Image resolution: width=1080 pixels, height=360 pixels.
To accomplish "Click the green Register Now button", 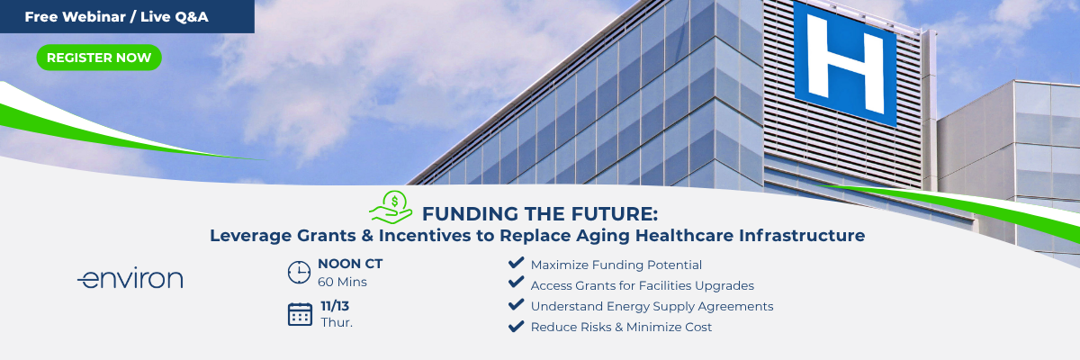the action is [x=99, y=58].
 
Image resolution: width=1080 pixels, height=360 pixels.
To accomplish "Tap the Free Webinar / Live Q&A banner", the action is [x=127, y=17].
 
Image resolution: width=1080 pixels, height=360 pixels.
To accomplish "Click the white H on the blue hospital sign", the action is [x=845, y=64].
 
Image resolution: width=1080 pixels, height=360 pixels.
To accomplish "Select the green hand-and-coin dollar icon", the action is [x=391, y=208].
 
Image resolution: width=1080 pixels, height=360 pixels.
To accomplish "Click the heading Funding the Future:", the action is [x=540, y=214].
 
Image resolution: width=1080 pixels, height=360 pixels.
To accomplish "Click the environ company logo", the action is [x=130, y=279].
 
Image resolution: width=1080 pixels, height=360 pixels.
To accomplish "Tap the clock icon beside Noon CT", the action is [x=299, y=273].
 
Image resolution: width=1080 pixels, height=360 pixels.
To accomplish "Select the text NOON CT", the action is [x=350, y=264].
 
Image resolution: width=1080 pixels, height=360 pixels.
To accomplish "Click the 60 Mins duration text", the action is [x=342, y=282].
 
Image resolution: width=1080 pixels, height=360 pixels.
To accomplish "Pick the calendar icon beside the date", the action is [x=300, y=314].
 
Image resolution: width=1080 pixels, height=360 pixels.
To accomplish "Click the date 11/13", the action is [x=335, y=306].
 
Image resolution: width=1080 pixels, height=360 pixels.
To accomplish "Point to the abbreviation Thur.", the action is [x=337, y=322].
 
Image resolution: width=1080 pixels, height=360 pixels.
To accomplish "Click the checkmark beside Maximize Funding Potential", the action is [x=516, y=263].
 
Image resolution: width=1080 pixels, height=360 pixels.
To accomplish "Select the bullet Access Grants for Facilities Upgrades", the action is [x=643, y=286].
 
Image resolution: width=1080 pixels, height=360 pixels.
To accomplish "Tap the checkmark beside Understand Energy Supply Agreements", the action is [x=516, y=304].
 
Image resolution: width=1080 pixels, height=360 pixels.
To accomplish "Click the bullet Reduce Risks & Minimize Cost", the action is [x=621, y=328].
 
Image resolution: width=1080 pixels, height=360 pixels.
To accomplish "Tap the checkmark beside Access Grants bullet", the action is [x=516, y=283].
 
